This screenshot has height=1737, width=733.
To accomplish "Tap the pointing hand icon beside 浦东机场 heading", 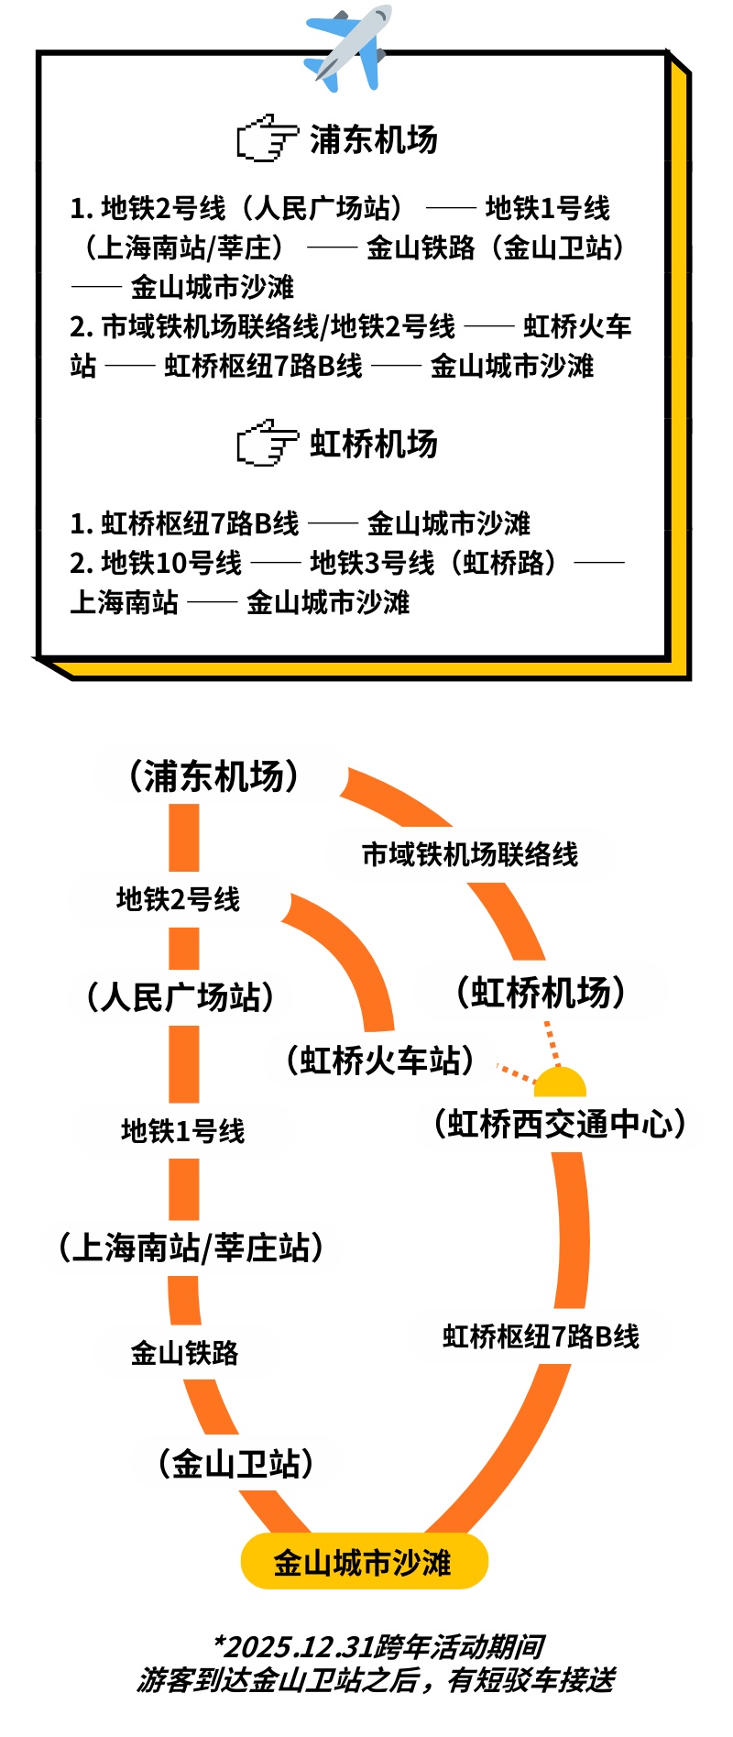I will coord(267,138).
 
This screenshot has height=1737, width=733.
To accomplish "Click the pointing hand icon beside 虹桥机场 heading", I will coord(267,444).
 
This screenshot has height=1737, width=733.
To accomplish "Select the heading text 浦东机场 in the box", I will coord(374,139).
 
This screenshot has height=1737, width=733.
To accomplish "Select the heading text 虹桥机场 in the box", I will coord(374,444).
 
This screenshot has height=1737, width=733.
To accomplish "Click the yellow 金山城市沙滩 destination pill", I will coord(364,1561).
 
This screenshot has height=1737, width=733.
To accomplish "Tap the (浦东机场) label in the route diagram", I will coord(214,775).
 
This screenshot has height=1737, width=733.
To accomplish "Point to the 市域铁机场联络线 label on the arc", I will coord(470,854).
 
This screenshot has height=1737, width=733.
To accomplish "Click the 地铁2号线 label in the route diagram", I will coord(178,899).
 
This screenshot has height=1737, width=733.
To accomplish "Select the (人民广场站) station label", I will coord(181,996).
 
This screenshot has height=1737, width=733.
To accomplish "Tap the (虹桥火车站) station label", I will coord(380,1061).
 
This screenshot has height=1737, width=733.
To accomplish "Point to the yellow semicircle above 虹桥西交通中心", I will coord(560,1083).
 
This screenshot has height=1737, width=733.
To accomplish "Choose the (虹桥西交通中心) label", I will coord(560,1124).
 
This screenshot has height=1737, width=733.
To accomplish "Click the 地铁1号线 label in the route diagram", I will coord(182,1131).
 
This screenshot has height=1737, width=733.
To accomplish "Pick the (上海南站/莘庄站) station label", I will coord(191,1248).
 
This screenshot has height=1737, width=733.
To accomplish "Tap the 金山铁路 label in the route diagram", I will coord(184,1352).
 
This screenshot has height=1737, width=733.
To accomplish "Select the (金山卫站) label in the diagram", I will coord(236,1463).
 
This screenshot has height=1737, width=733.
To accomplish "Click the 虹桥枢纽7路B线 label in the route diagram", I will coord(541,1336).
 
